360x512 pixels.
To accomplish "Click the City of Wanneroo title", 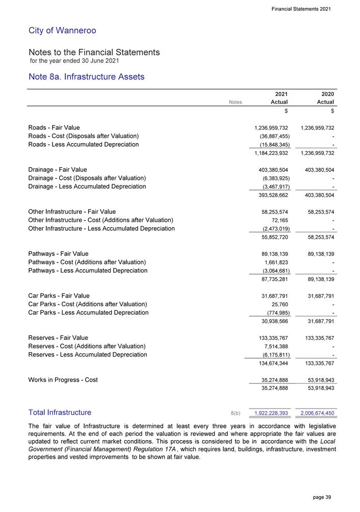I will [62, 31].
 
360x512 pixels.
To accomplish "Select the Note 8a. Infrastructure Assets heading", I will [87, 77].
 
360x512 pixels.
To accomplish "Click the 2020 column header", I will [327, 94].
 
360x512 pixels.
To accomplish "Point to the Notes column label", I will [236, 102].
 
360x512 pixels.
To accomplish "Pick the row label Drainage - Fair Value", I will [58, 170].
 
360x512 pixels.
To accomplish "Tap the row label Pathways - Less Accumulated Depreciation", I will [88, 271].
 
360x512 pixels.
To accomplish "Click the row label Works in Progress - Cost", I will [63, 380].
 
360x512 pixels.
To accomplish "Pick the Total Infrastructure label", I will [60, 412].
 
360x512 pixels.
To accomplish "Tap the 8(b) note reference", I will [236, 413].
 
